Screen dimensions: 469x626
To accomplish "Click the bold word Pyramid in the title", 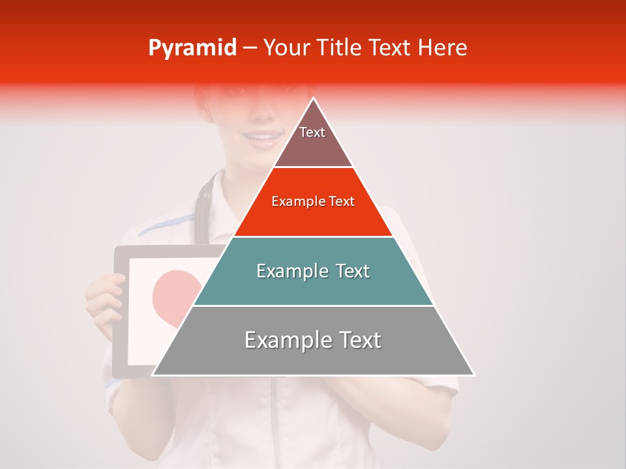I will pyautogui.click(x=192, y=48).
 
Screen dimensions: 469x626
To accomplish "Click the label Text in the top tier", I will pyautogui.click(x=312, y=132).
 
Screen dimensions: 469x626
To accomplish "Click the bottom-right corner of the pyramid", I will pyautogui.click(x=474, y=375).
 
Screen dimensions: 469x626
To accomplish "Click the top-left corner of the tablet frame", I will pyautogui.click(x=116, y=248).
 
